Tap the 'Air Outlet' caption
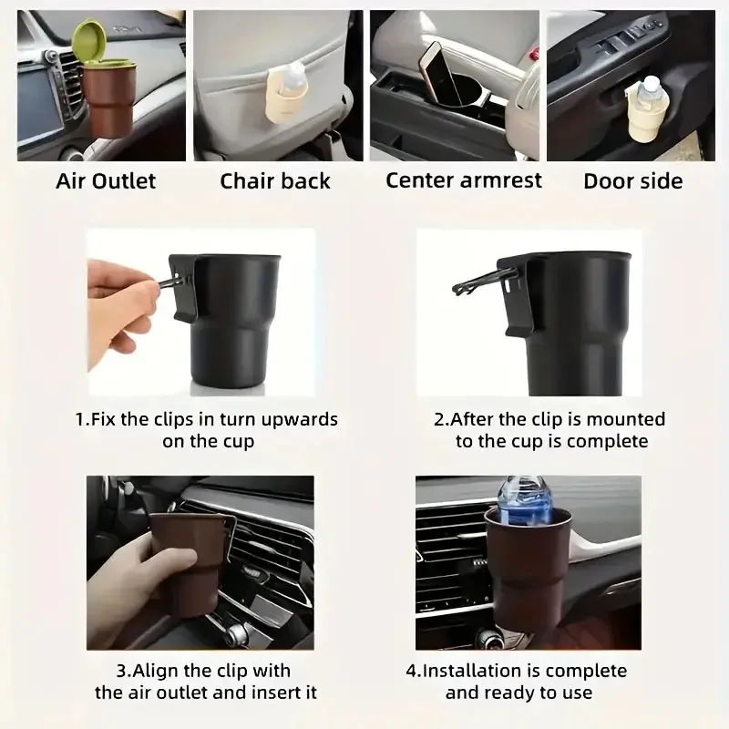(106, 180)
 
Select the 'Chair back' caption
(274, 180)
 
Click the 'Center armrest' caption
(463, 180)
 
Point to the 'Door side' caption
(632, 180)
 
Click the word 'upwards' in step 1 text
(294, 420)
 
